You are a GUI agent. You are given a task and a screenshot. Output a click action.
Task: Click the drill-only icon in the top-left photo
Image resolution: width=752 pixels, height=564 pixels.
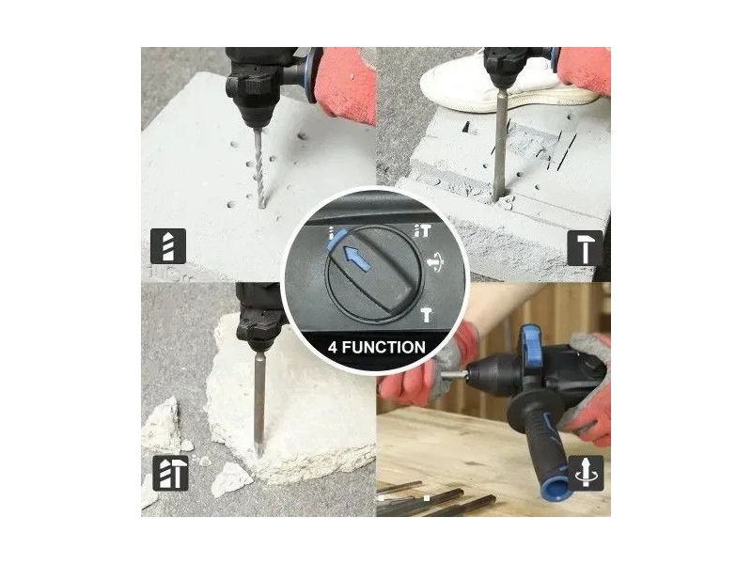[x=168, y=246]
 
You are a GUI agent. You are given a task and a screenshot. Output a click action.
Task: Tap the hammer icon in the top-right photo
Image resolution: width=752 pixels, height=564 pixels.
[x=585, y=248]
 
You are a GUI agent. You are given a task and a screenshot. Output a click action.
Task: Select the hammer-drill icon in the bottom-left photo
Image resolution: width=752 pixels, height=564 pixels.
[x=171, y=473]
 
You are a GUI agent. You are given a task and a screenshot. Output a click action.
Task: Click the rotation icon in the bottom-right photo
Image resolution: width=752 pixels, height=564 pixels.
[x=586, y=473]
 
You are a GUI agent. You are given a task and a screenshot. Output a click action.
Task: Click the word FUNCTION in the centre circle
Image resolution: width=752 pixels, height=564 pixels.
[x=384, y=347]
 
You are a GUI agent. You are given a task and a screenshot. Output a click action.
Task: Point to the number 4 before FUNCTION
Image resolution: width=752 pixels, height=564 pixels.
[x=333, y=347]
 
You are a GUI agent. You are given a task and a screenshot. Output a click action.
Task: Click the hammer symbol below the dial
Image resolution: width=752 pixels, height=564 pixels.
[x=426, y=315]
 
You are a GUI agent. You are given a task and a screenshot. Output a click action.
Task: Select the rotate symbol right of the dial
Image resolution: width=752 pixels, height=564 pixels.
[x=436, y=263]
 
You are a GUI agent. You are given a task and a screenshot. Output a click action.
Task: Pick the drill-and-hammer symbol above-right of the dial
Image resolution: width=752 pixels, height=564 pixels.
[x=423, y=231]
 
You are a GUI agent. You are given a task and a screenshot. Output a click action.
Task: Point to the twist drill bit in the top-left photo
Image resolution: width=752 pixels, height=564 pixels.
[x=258, y=168]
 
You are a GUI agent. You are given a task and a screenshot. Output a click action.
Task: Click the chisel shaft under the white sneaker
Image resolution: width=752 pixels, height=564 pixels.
[x=501, y=144]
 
